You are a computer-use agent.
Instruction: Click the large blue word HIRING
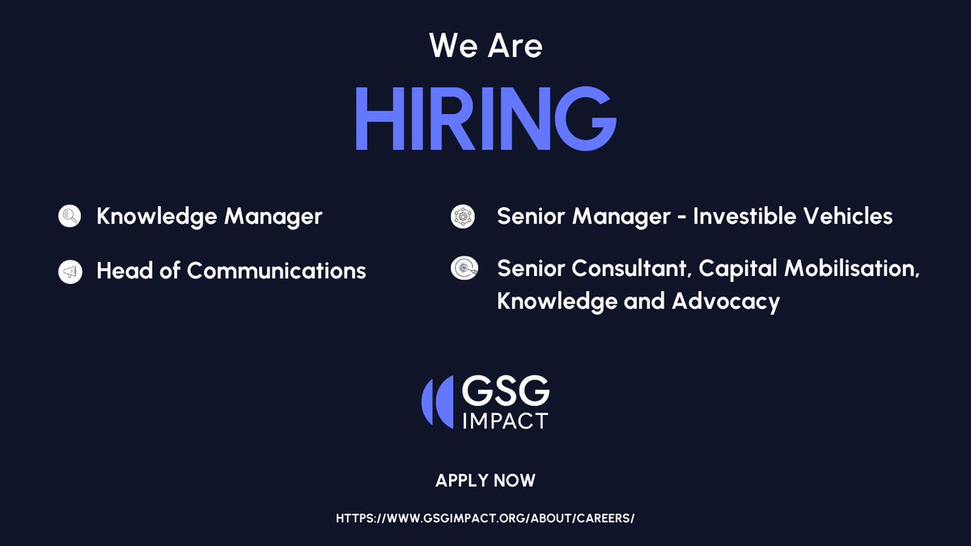click(485, 119)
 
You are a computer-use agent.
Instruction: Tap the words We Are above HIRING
click(485, 45)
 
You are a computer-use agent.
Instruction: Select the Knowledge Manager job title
click(210, 217)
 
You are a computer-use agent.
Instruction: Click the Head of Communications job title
click(231, 271)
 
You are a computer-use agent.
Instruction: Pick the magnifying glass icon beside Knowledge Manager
click(70, 216)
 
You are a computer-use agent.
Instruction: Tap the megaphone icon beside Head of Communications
click(70, 272)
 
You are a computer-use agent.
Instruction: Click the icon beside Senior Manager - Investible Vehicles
click(461, 216)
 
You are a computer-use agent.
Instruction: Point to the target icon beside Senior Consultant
click(461, 268)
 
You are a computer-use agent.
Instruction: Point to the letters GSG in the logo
click(505, 394)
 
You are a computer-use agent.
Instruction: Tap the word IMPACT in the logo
click(505, 421)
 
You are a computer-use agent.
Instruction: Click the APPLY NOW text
click(485, 480)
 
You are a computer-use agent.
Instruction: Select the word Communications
click(277, 271)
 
